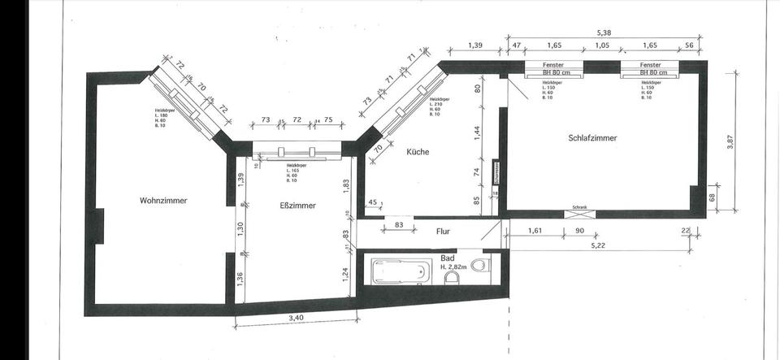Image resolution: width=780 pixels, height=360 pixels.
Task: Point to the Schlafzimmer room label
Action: [x=592, y=138]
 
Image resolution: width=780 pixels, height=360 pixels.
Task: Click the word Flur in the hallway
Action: [x=443, y=232]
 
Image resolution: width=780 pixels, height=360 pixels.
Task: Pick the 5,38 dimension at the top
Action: [x=604, y=33]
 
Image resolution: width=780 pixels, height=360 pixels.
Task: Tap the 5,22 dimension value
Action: [x=598, y=244]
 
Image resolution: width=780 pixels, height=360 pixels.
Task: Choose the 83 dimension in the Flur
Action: [x=399, y=225]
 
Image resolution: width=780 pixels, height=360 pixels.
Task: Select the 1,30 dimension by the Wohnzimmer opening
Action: [x=240, y=230]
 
